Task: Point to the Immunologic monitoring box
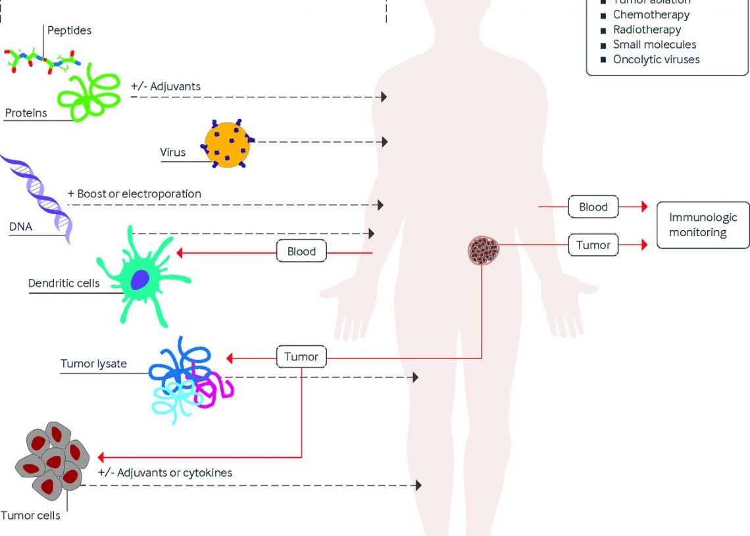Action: [703, 225]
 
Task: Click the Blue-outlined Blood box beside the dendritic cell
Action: [301, 251]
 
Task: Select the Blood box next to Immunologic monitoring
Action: [593, 207]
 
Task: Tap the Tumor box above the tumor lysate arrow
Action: [301, 357]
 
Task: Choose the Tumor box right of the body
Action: [593, 245]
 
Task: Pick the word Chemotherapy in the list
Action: [651, 14]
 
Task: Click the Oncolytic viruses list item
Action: [656, 59]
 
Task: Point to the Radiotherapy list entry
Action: [647, 30]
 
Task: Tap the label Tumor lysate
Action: [93, 364]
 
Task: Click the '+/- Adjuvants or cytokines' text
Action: [164, 473]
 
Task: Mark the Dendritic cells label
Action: [64, 283]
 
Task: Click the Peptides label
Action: [69, 30]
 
